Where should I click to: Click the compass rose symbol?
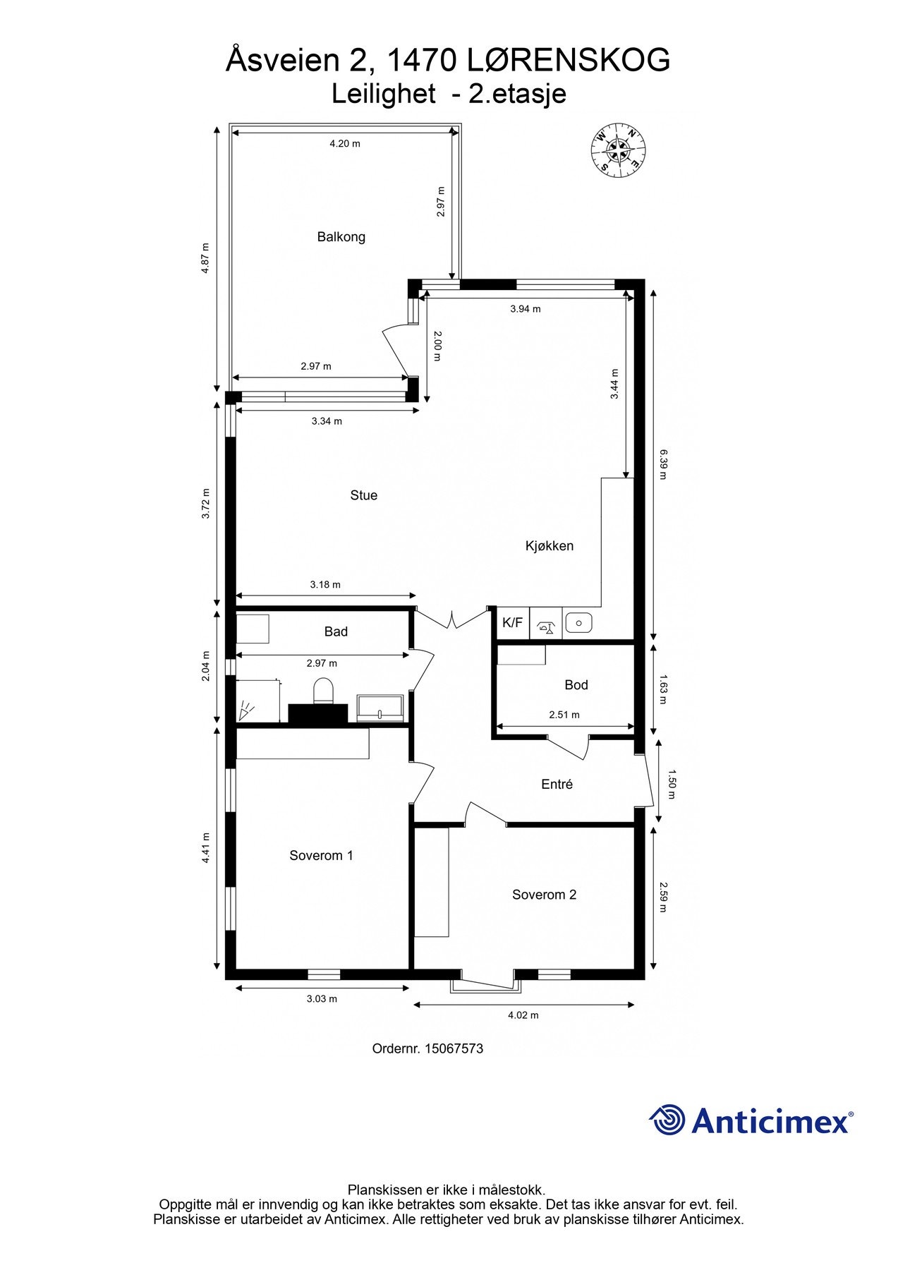tap(617, 149)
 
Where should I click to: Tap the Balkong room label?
tap(341, 237)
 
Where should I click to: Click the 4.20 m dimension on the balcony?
tap(345, 144)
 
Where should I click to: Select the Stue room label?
tap(363, 495)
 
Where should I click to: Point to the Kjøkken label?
tap(549, 546)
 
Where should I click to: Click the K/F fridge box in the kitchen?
tap(512, 623)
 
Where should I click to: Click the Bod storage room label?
tap(576, 685)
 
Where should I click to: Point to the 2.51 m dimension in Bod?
tap(564, 715)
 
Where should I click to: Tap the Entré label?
tap(557, 785)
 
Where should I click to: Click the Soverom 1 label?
tap(321, 856)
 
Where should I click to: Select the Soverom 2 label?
tap(544, 895)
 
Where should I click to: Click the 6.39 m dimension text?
tap(662, 464)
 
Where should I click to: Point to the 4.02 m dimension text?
tap(523, 1015)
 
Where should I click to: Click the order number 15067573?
tap(453, 1049)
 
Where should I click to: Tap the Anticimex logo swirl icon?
tap(667, 1120)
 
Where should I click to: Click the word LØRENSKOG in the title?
tap(569, 61)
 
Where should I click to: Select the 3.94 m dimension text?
tap(525, 309)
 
